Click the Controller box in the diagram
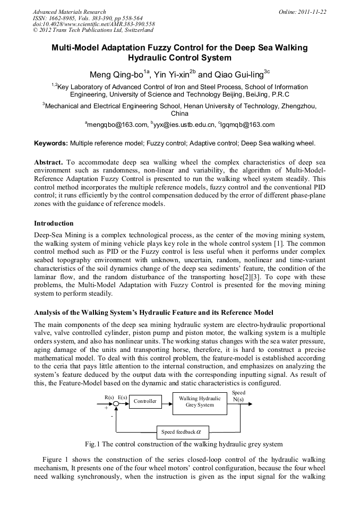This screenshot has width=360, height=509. tap(145, 401)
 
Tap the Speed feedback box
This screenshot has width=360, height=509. tap(182, 432)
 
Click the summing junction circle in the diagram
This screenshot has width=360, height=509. tap(116, 404)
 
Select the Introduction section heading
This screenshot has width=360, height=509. tap(54, 223)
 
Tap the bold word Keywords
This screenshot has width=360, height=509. tap(51, 143)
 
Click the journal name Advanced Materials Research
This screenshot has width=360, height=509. tap(69, 12)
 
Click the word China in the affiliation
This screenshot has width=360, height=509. tap(179, 113)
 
